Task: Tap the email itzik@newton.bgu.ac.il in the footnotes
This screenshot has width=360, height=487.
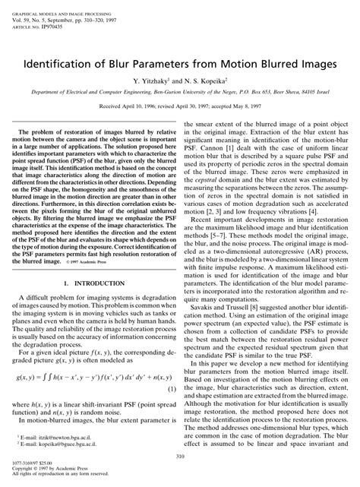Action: [51, 440]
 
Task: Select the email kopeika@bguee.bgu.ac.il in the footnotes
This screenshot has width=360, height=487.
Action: [54, 447]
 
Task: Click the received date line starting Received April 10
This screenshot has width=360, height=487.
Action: [179, 108]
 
